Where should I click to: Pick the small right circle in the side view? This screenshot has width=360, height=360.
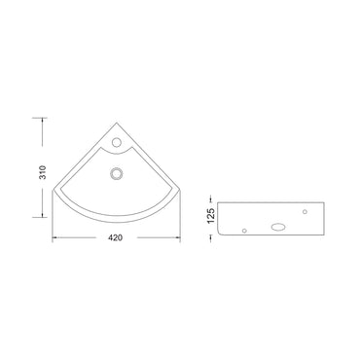[x=306, y=210]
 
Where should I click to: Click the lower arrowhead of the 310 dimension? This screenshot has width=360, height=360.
[x=43, y=216]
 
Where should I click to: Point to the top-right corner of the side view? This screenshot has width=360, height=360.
[x=318, y=203]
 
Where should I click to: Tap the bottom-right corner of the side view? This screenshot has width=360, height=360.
[x=318, y=235]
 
